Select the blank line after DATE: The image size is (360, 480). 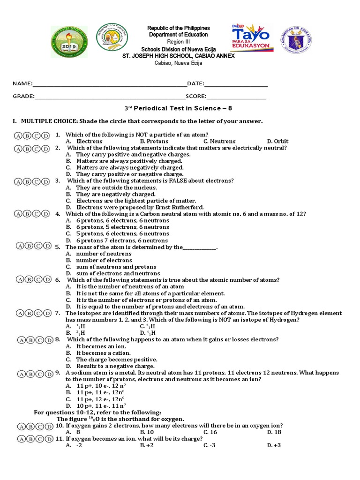[x=236, y=84]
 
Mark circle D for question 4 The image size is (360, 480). [x=45, y=214]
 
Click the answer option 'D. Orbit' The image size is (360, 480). [x=277, y=141]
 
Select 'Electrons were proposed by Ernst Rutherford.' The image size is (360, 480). [x=140, y=207]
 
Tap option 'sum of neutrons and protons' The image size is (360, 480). [x=116, y=267]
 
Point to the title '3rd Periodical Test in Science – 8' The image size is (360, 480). [x=176, y=108]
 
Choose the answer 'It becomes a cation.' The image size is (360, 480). [x=103, y=353]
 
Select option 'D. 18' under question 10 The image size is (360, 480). [x=274, y=432]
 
